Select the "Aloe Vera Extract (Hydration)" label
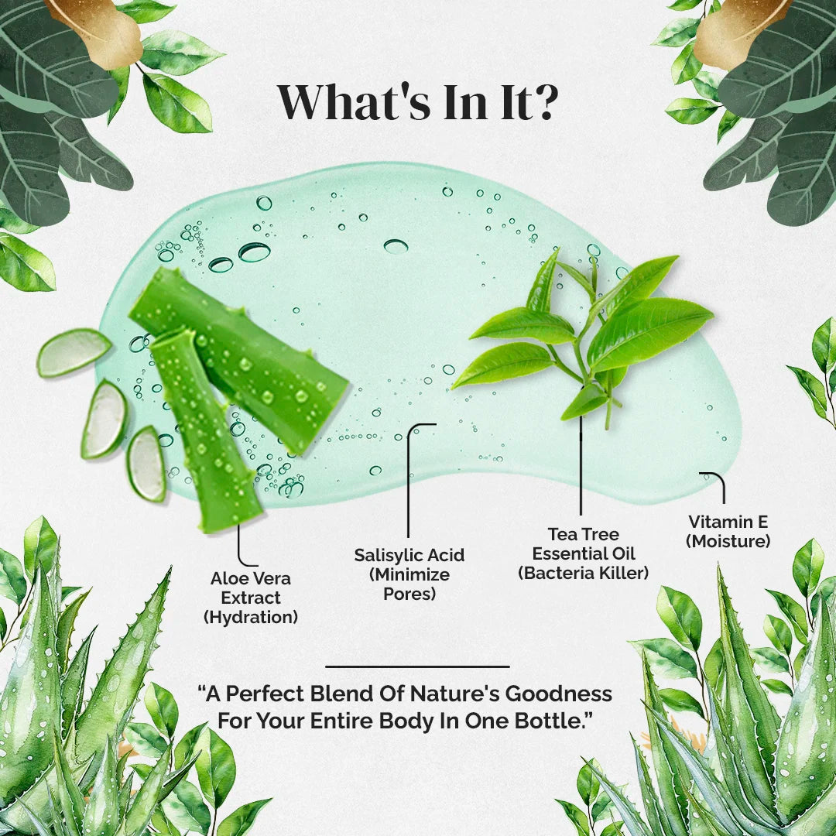coord(251,598)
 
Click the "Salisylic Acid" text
coord(409,555)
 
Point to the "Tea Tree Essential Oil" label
coord(584,544)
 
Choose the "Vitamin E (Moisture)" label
coord(728,532)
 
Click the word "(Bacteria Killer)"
coord(584,573)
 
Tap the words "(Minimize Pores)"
coord(409,584)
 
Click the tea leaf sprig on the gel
coord(584,336)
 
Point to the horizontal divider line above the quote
coord(417,666)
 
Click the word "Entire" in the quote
coord(342,721)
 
